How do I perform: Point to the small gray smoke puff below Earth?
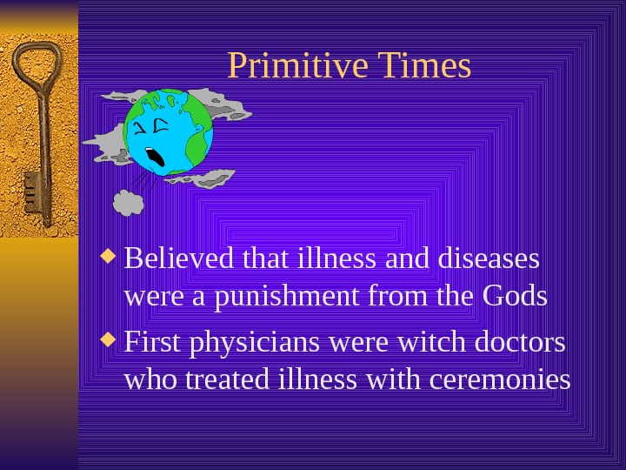tap(129, 202)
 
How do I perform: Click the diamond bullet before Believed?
tap(109, 257)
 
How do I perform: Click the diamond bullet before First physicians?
tap(109, 340)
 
